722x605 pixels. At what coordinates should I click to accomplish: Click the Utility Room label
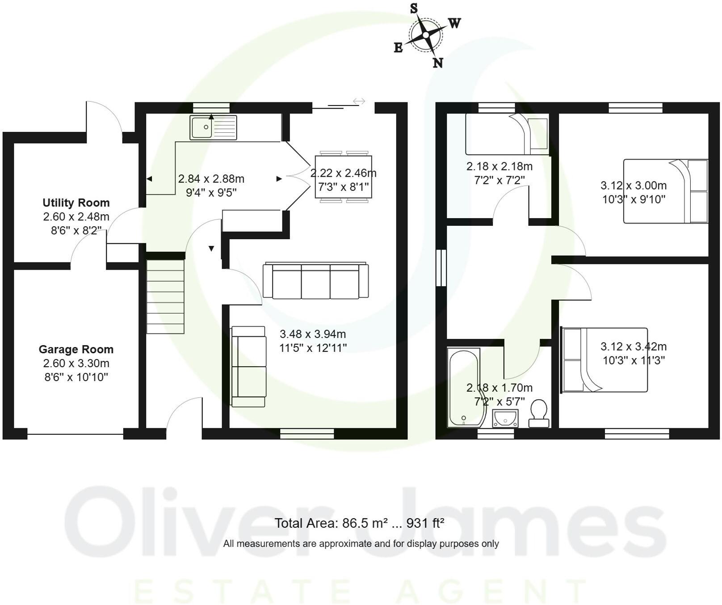pos(76,203)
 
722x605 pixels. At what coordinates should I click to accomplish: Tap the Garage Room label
pos(76,349)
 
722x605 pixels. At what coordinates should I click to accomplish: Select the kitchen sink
pos(213,127)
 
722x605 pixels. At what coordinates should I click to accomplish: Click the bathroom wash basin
pos(505,419)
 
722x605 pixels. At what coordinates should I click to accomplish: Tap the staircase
pos(165,297)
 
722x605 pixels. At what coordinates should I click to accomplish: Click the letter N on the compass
pos(437,63)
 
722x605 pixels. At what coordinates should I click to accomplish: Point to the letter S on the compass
pos(414,8)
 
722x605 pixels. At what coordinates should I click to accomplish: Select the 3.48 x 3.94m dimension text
pos(313,334)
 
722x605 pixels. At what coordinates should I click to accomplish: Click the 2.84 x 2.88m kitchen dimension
pos(211,179)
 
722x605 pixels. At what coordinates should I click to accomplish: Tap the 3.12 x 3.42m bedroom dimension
pos(633,347)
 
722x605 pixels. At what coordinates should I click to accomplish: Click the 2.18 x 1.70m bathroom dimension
pos(499,388)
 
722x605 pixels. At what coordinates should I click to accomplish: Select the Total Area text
pos(359,523)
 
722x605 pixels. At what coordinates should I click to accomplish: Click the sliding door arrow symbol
pos(359,102)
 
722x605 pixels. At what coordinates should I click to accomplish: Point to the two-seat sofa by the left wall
pos(248,367)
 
